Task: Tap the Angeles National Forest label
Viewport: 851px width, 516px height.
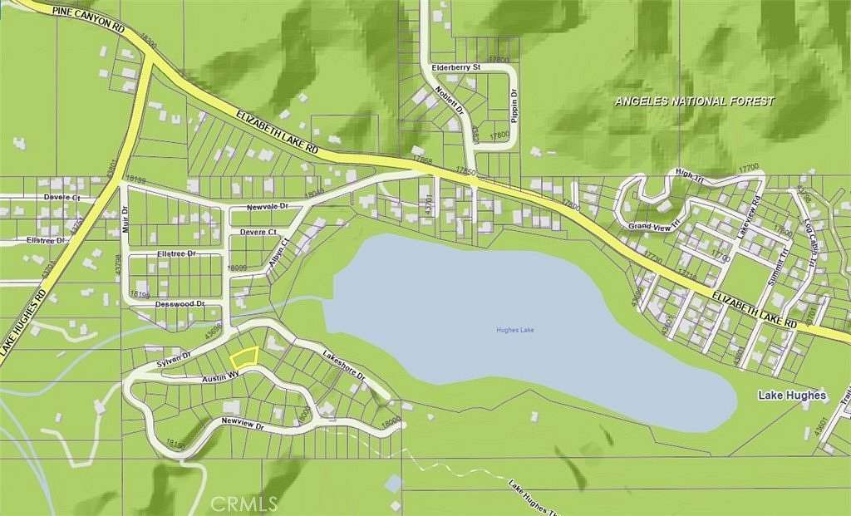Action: point(694,101)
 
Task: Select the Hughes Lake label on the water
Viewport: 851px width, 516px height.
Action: point(516,330)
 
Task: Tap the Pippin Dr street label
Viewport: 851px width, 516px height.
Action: point(515,106)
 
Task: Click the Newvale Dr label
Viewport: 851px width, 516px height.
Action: point(266,205)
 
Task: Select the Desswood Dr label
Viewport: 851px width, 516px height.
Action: point(179,305)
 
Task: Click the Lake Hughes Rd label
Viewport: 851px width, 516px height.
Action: point(27,324)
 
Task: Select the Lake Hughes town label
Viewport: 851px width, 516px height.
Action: point(792,396)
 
